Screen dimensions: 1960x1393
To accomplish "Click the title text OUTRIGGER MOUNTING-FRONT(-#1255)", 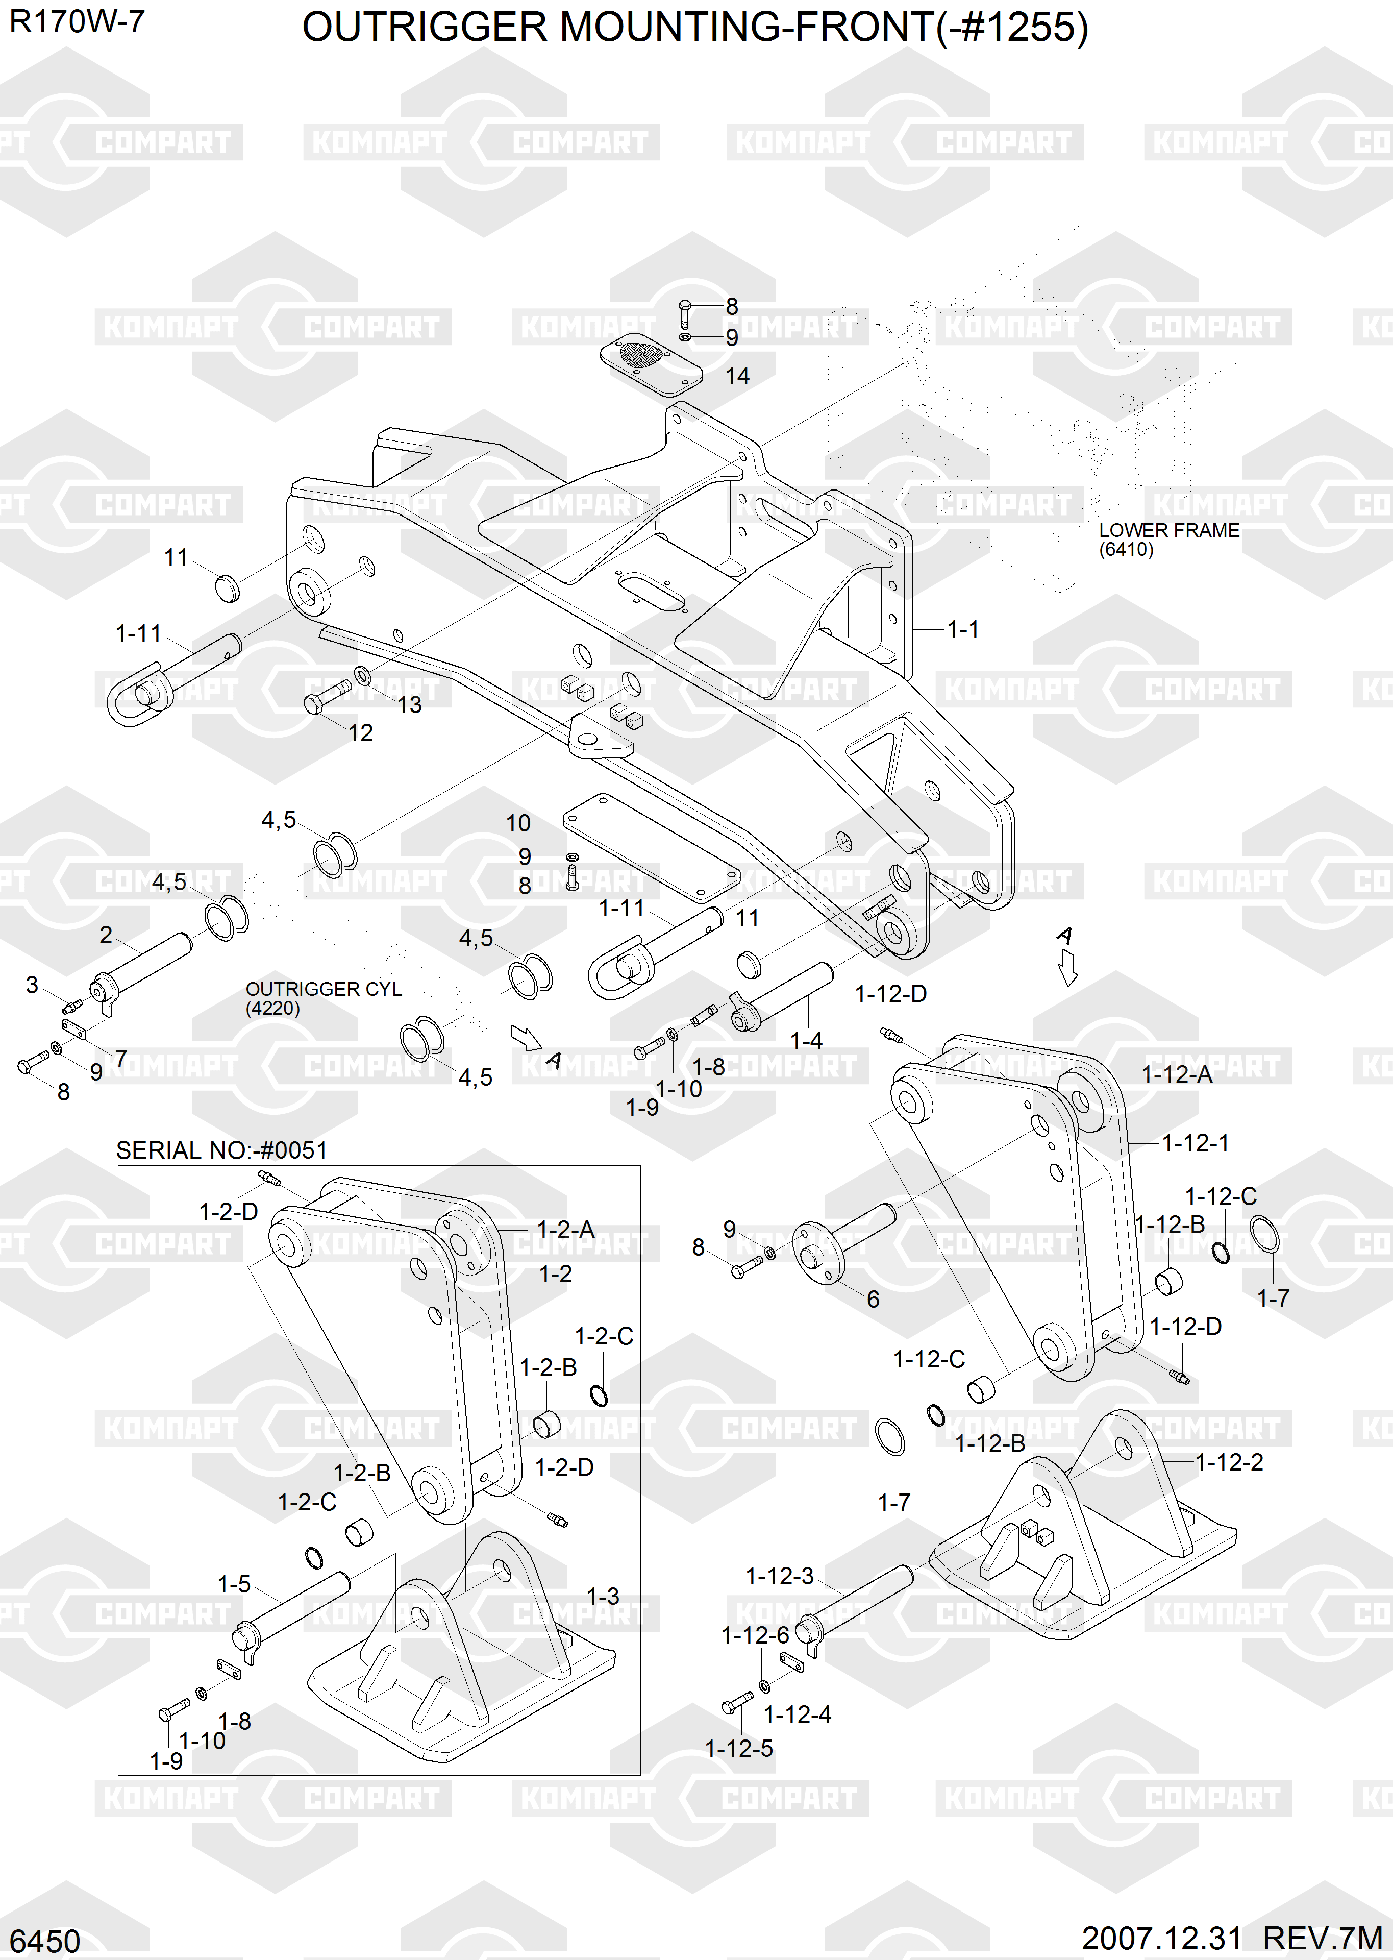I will (695, 28).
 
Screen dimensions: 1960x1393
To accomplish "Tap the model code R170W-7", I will (77, 21).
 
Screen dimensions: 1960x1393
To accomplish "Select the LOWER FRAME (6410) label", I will (1168, 540).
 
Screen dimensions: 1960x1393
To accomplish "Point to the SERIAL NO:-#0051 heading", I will (221, 1150).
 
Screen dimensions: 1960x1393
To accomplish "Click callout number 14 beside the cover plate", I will (737, 376).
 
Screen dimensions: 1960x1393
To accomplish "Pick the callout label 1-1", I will (962, 629).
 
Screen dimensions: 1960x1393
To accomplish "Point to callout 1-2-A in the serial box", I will (565, 1229).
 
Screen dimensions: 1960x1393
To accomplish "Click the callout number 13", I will (409, 704).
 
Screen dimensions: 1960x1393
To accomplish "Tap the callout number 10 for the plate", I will (518, 823).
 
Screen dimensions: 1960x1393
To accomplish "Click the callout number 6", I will (873, 1298).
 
